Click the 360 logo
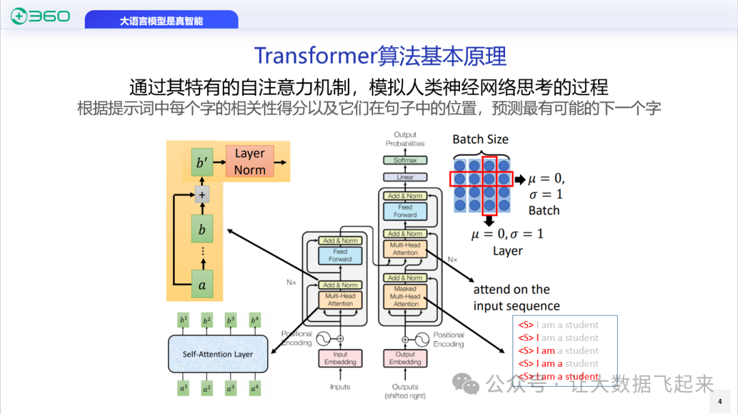pos(40,16)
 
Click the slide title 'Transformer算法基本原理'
pos(380,56)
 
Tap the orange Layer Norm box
pos(249,162)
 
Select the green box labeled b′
pos(202,163)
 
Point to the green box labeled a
pos(202,285)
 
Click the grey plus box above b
pos(202,195)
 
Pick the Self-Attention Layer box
pos(217,354)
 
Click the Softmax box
pos(405,161)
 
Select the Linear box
pos(405,178)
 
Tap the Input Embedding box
pos(340,358)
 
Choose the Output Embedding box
pos(405,358)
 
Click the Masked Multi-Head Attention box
pos(405,296)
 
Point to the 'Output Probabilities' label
pos(405,139)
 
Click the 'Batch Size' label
pos(480,139)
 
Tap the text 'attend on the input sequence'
pos(516,298)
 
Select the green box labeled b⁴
pos(255,320)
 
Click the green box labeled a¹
pos(182,388)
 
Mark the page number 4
pos(720,402)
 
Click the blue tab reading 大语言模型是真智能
pos(161,21)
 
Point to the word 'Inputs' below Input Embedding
pos(340,387)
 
